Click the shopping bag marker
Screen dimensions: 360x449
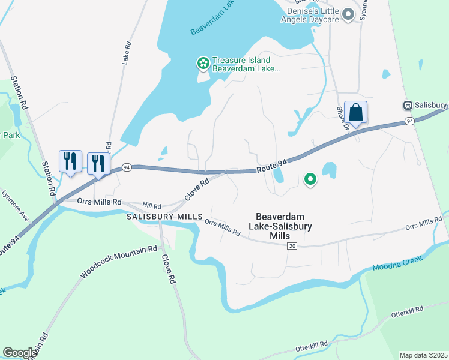(x=355, y=113)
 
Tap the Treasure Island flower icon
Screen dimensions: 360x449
(x=203, y=62)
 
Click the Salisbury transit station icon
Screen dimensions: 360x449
(x=408, y=105)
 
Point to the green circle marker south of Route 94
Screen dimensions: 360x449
(x=310, y=178)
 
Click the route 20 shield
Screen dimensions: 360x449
(x=292, y=246)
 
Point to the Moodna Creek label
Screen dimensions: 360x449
(x=397, y=263)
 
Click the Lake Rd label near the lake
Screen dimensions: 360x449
(x=127, y=53)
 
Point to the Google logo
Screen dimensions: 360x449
(x=20, y=353)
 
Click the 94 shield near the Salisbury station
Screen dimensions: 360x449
(x=409, y=121)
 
